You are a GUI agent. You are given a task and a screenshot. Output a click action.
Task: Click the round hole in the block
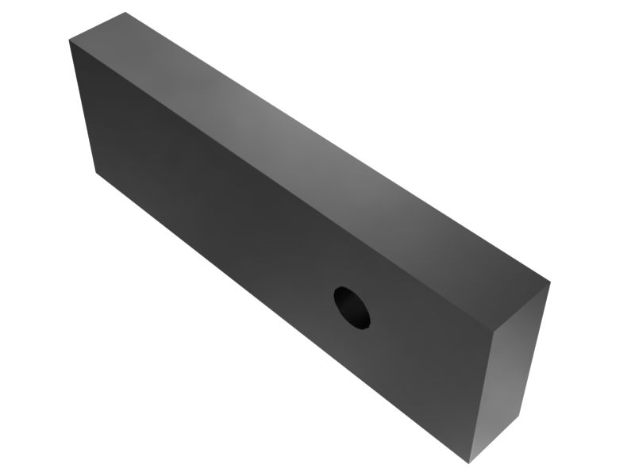352,307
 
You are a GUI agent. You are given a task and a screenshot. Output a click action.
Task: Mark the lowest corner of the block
469,463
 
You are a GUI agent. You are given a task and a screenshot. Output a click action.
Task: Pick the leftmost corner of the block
69,40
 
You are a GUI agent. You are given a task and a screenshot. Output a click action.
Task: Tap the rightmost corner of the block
549,280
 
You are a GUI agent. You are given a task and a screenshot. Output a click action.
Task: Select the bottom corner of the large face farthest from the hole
96,171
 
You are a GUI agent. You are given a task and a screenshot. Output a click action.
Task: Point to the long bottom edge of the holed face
283,317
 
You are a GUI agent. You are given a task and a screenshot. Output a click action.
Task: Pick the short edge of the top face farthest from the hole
97,26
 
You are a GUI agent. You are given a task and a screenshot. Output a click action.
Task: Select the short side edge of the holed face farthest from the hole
83,106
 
